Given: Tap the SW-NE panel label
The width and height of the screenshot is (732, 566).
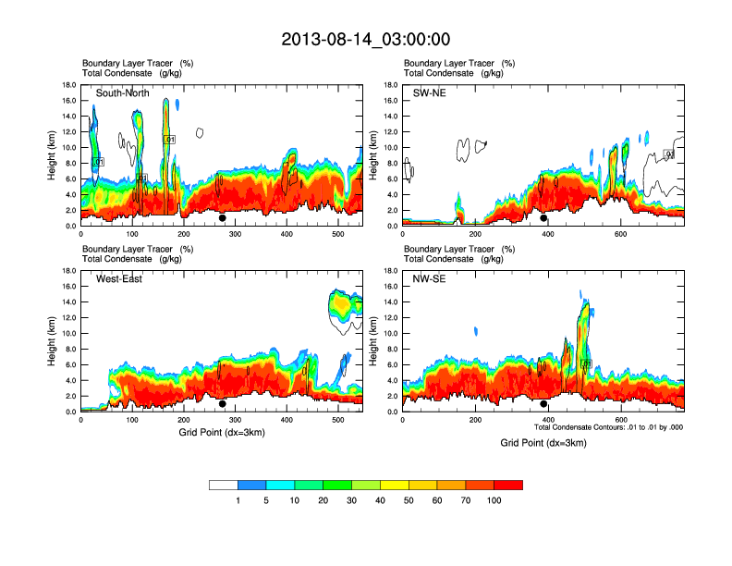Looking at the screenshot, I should tap(430, 93).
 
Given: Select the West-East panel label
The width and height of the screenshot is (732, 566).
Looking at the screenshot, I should tap(119, 279).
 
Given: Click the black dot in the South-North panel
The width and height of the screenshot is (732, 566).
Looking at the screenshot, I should tap(222, 218).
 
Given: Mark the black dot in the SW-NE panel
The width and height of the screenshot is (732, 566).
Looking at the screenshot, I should tap(543, 218).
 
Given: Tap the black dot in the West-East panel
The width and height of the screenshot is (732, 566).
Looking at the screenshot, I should tap(222, 404).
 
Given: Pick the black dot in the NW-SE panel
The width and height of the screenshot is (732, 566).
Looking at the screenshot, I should tap(543, 404).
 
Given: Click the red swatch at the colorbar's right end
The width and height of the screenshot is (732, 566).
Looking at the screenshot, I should tap(508, 485).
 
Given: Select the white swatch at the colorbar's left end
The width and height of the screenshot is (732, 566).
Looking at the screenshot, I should tap(224, 485).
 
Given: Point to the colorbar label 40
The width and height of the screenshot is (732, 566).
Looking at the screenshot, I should tap(381, 500).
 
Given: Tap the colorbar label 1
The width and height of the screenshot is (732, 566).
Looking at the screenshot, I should tap(238, 500).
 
